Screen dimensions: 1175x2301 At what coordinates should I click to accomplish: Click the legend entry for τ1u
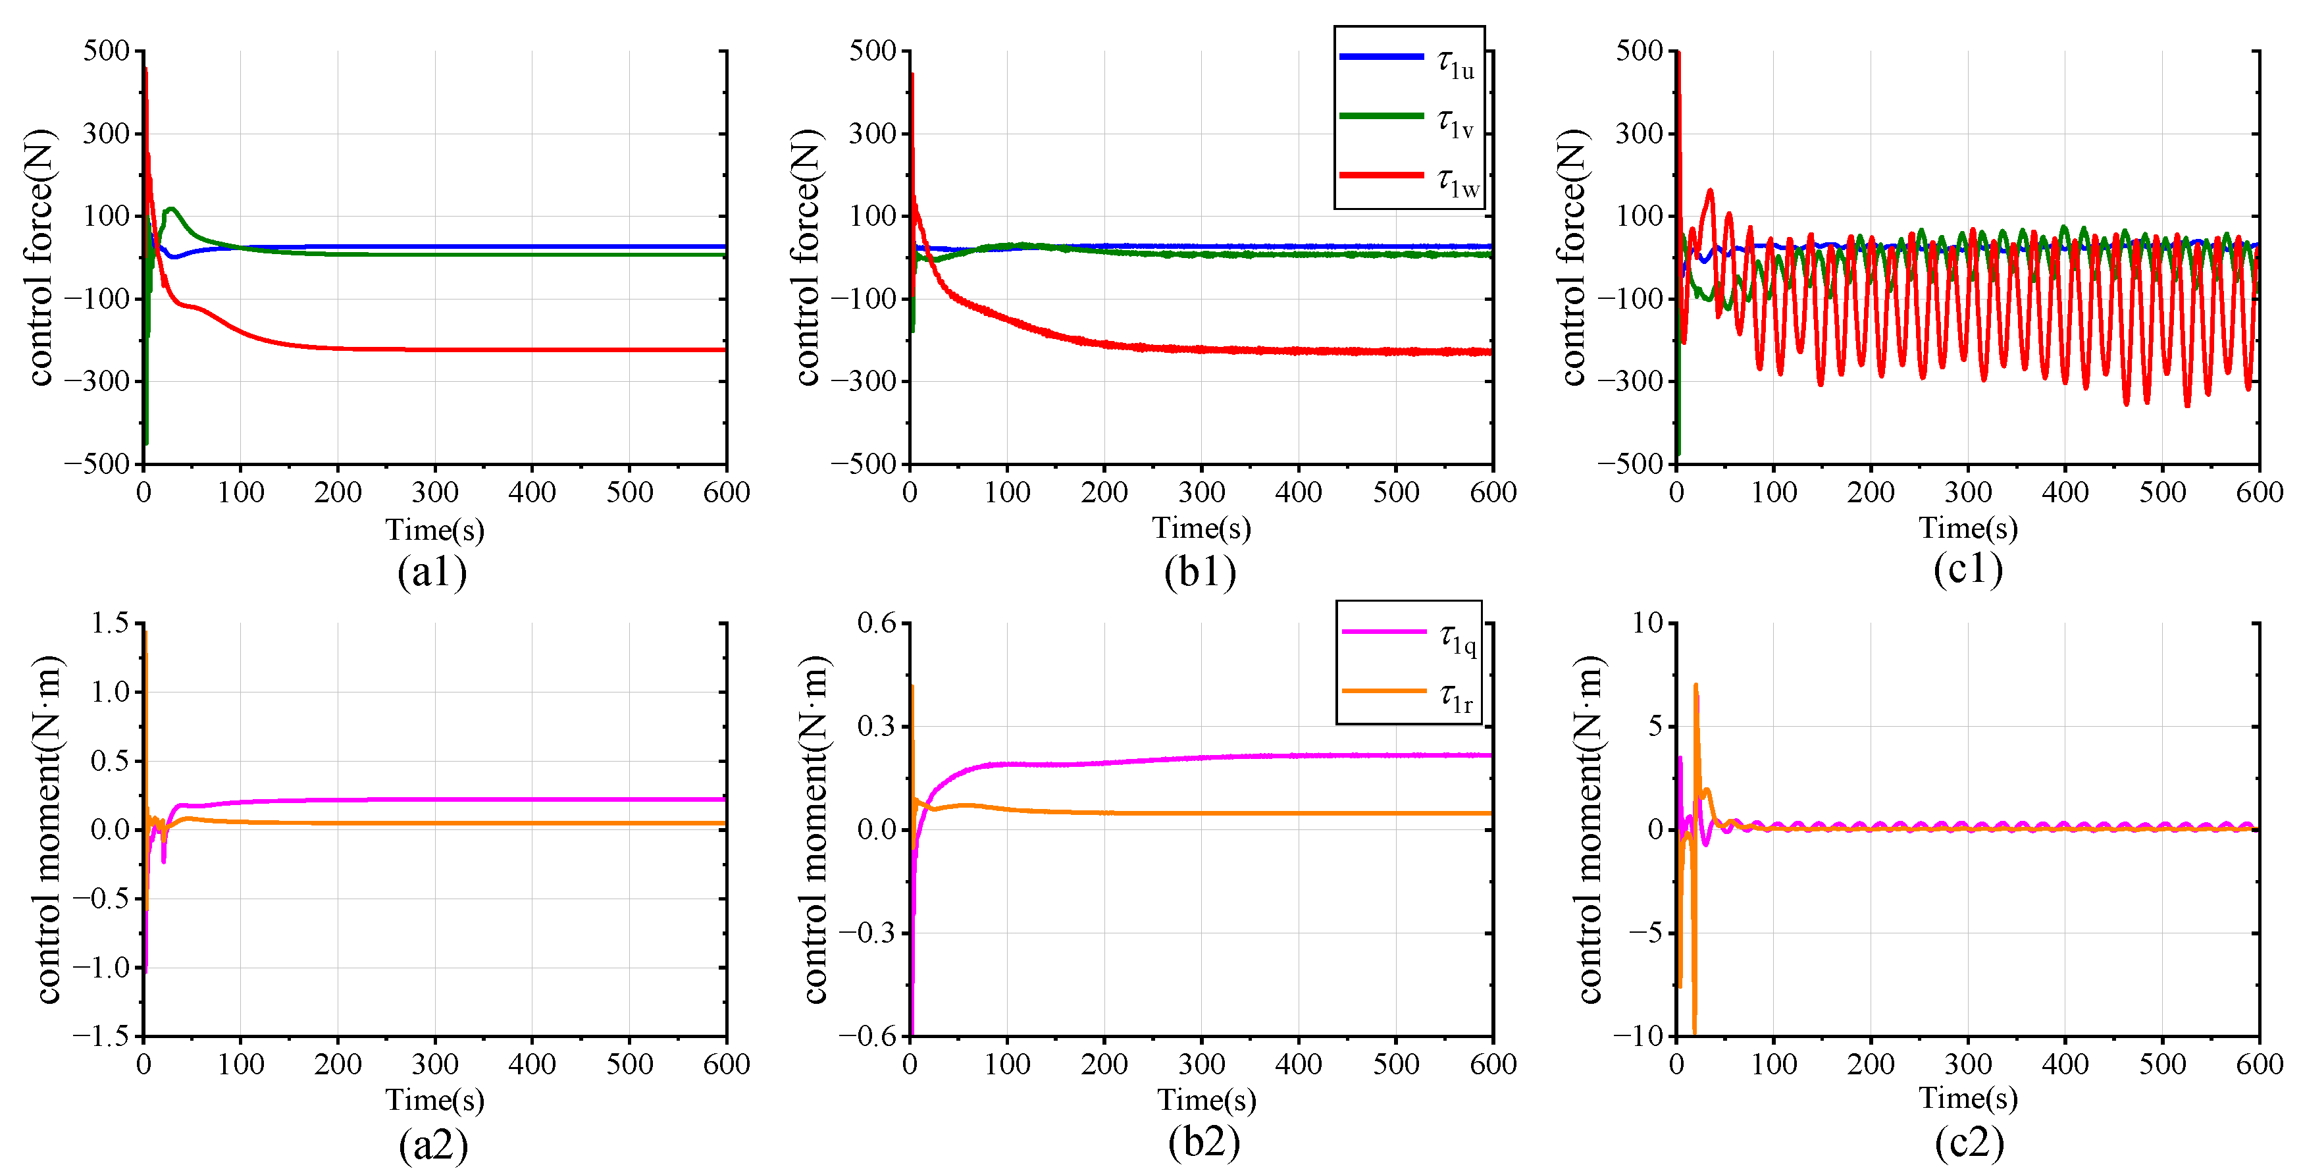(1409, 61)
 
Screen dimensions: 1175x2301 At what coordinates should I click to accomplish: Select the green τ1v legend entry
(1409, 119)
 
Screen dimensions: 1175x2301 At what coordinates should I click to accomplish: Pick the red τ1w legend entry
(1409, 178)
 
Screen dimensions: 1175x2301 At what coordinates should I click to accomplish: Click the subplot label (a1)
(432, 572)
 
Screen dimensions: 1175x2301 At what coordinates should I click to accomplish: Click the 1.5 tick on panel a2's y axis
(110, 623)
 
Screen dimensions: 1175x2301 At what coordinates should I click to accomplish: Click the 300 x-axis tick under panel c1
(1968, 492)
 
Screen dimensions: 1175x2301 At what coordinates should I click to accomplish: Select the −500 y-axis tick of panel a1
(97, 463)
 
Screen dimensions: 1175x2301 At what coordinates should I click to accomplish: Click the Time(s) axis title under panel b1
(1201, 528)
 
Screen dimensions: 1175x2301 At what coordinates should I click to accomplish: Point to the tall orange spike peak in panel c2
(1695, 686)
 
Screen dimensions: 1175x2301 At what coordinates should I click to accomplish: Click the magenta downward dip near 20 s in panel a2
(163, 860)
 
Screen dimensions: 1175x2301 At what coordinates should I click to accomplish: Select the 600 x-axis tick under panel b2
(1493, 1064)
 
